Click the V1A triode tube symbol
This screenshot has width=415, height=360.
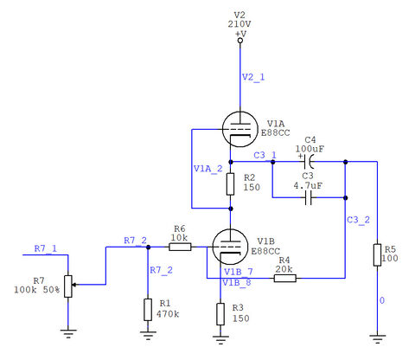click(240, 129)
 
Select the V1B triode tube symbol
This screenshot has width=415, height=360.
click(230, 247)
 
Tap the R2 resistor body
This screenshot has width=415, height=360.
click(230, 184)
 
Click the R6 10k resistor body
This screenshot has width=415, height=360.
click(180, 247)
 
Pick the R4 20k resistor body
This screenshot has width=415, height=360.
click(284, 278)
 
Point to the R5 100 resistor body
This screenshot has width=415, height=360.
click(377, 255)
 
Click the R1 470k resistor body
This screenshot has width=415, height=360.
click(148, 310)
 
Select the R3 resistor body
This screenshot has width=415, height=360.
click(220, 314)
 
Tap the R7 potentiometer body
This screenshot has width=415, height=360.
click(68, 286)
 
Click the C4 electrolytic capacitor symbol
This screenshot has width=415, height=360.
click(309, 162)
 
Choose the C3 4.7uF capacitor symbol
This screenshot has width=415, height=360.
click(309, 197)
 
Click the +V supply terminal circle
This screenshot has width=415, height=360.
click(240, 41)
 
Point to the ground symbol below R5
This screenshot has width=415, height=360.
click(377, 338)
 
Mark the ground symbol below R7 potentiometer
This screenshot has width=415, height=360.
click(68, 334)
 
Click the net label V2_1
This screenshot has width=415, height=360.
click(253, 77)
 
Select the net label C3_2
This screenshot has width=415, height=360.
click(358, 220)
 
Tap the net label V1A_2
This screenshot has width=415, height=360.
click(208, 169)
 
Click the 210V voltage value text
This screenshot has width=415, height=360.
click(239, 24)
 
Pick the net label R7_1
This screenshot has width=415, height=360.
click(46, 248)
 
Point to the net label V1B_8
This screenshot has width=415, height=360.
click(237, 282)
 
